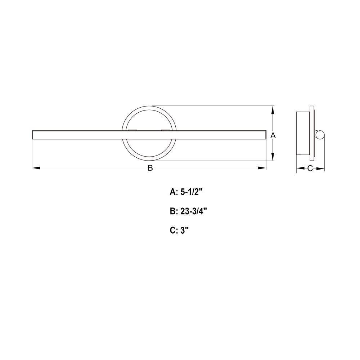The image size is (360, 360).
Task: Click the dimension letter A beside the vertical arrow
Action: coord(273,135)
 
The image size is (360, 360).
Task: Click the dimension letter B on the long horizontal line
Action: coord(150,168)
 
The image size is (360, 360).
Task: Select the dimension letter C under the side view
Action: coord(310,168)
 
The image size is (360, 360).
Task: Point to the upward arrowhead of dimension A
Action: coord(273,110)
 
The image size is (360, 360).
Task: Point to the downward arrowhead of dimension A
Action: coord(273,157)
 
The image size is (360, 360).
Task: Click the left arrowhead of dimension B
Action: coord(36,168)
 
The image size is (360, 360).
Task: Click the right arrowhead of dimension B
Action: coord(262,168)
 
